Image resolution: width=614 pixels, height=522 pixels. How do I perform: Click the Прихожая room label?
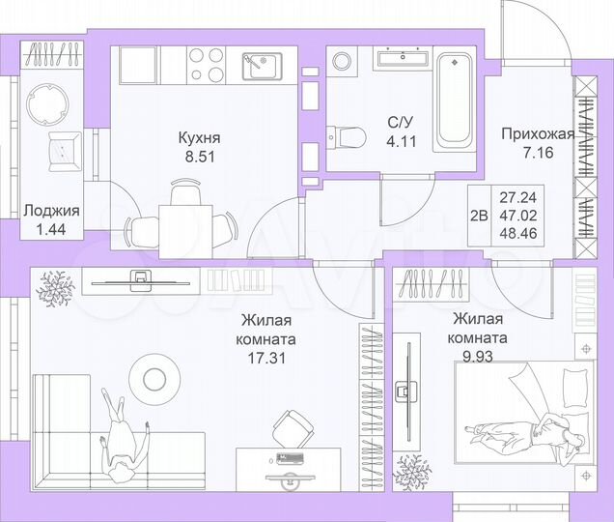pyautogui.click(x=538, y=134)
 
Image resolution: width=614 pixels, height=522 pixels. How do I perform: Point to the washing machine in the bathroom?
pyautogui.click(x=344, y=61)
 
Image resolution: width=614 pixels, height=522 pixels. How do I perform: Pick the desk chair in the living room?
pyautogui.click(x=291, y=425)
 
